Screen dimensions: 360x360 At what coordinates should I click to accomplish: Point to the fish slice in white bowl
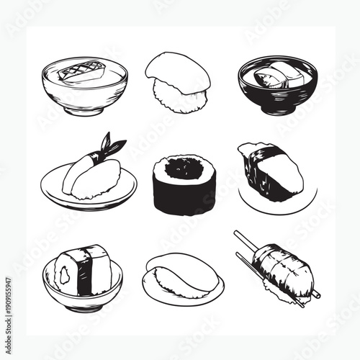[83, 73]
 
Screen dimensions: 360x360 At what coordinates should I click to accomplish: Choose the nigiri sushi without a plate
[178, 83]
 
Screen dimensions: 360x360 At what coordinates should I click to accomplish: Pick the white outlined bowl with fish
[84, 86]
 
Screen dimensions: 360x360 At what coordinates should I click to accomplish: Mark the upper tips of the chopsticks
[240, 238]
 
